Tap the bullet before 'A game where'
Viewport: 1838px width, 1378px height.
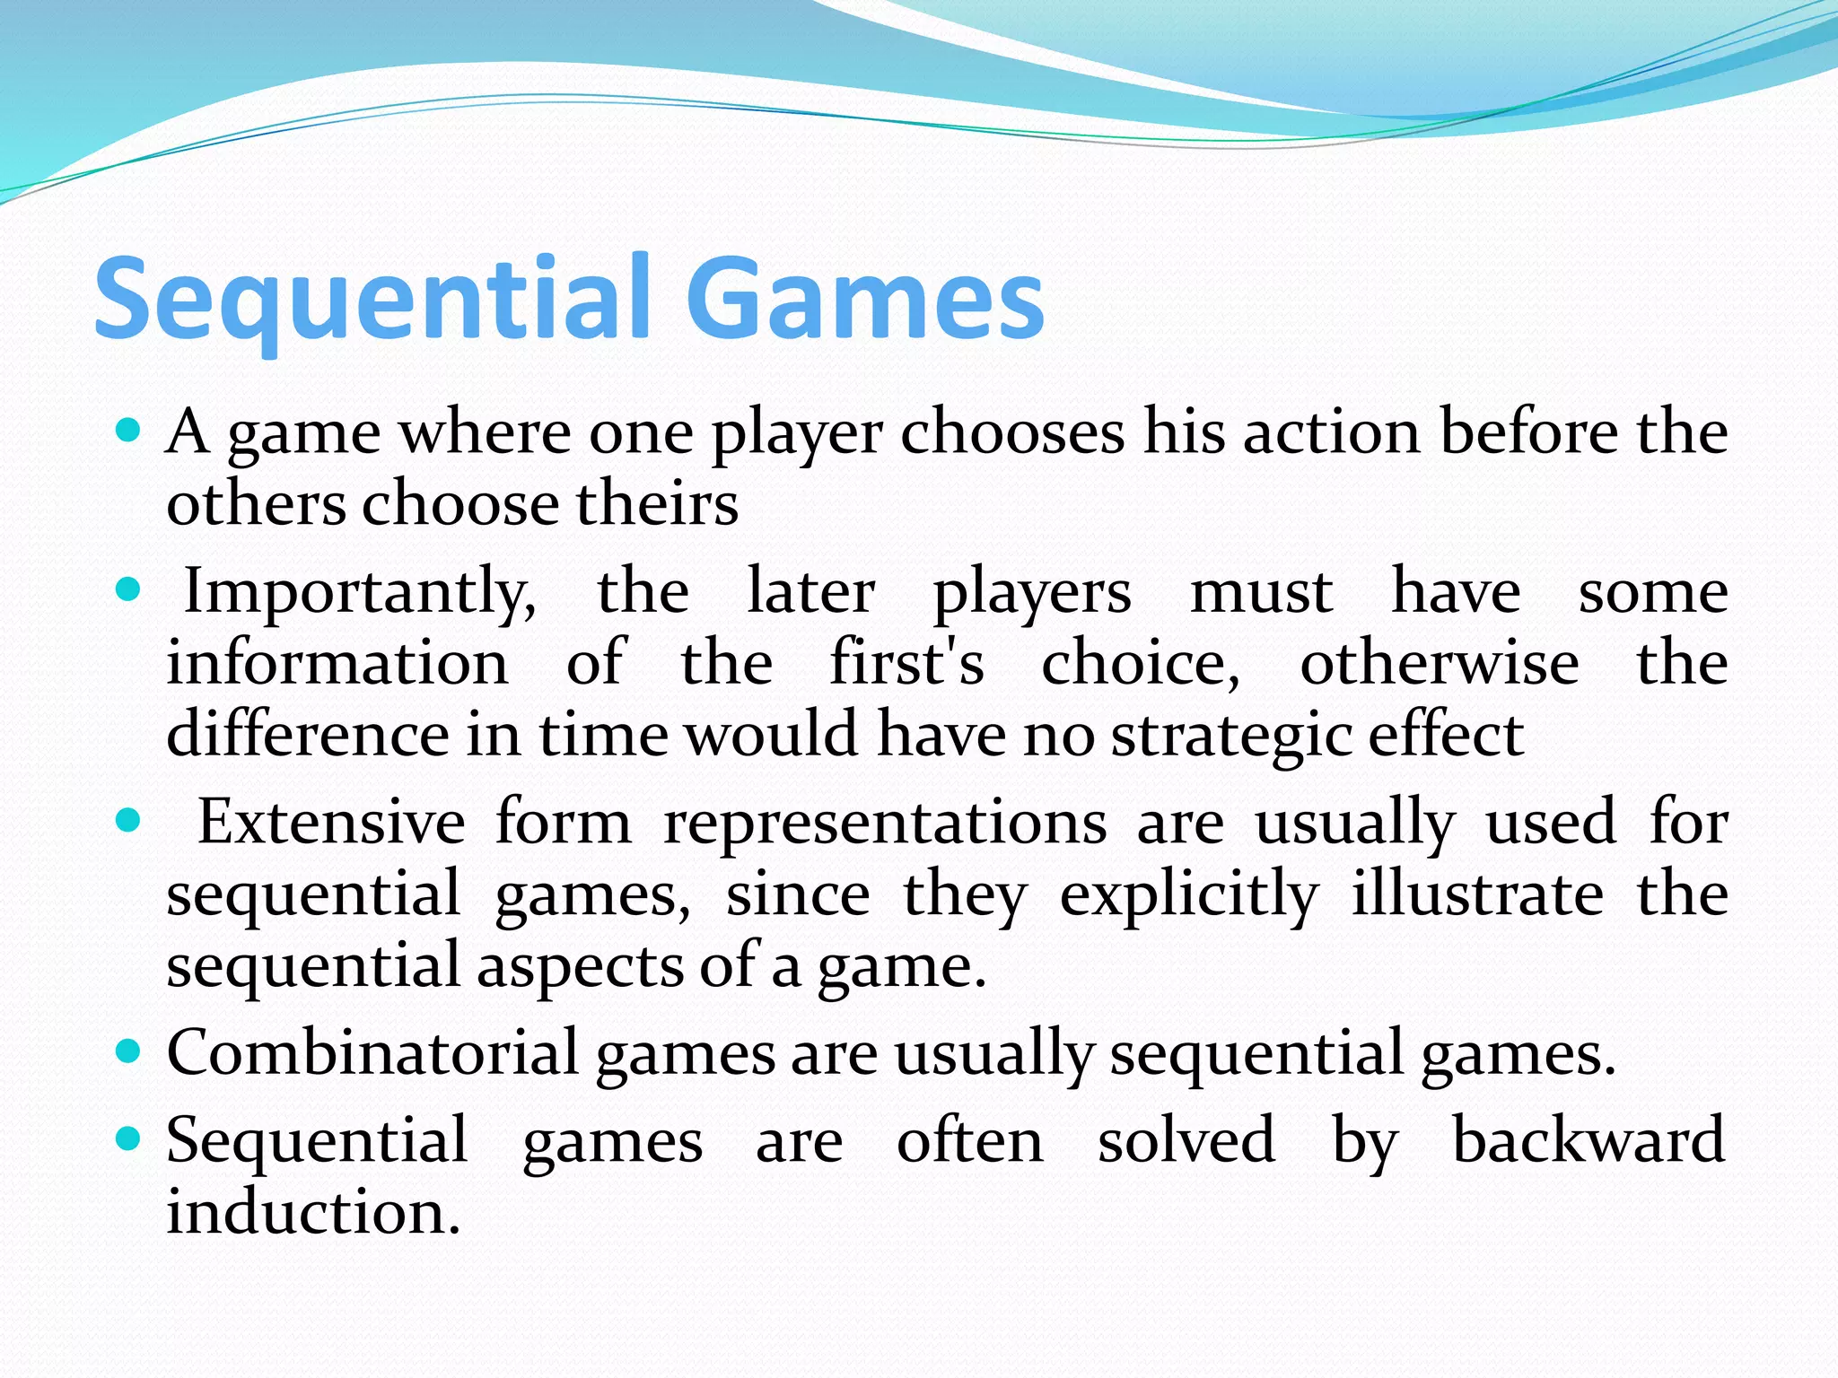click(129, 430)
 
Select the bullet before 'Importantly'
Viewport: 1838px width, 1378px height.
click(129, 589)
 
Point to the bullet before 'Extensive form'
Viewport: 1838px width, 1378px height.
click(129, 820)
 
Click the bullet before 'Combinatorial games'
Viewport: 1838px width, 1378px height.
click(129, 1051)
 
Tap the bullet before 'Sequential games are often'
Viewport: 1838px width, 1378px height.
click(129, 1138)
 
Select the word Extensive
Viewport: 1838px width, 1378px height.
click(331, 822)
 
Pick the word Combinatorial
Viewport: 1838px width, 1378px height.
click(372, 1052)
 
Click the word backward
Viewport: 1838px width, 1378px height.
click(1589, 1140)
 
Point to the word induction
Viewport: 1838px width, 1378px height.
click(313, 1212)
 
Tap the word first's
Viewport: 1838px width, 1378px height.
click(906, 664)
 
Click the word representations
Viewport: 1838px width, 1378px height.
click(884, 824)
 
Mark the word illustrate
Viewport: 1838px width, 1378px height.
click(1477, 894)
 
